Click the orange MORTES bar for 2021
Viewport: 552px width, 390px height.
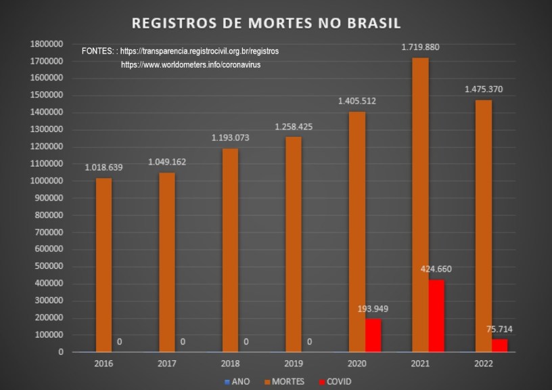(420, 203)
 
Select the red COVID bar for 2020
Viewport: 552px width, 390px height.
(373, 335)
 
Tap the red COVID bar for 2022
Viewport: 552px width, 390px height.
(499, 345)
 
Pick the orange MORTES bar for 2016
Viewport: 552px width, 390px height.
(103, 264)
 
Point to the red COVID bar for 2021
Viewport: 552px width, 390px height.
(436, 316)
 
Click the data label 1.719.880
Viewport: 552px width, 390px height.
(420, 47)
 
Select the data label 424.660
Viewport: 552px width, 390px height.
(436, 269)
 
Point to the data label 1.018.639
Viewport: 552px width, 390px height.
(103, 167)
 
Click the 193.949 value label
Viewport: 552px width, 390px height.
(373, 309)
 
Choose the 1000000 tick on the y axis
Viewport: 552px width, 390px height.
(47, 181)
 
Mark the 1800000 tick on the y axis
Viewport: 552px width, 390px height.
(47, 44)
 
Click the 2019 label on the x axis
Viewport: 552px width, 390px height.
(294, 363)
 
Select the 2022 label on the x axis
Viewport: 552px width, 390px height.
(483, 363)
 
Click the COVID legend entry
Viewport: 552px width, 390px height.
(335, 381)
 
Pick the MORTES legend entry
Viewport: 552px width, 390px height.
(285, 381)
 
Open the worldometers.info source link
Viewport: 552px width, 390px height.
(191, 64)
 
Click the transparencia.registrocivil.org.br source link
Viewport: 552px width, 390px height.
(200, 51)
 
